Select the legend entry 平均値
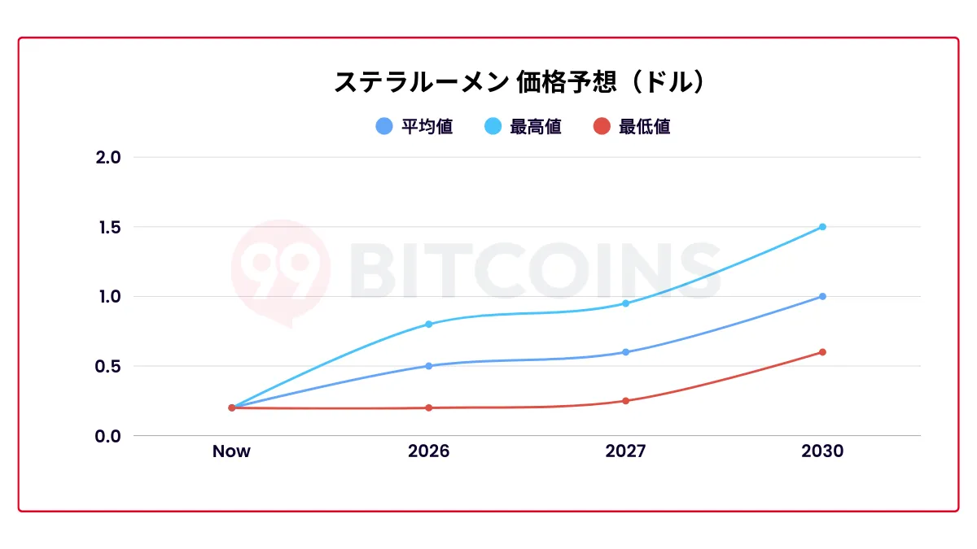[x=414, y=127]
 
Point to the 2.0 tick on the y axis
[x=107, y=157]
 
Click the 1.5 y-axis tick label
[x=107, y=227]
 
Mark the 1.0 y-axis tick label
[x=107, y=296]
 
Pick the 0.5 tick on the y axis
[x=107, y=366]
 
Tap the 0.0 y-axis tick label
[x=107, y=436]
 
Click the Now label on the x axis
[x=231, y=451]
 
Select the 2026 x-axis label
[x=428, y=451]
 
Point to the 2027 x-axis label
[x=625, y=451]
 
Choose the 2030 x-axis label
[x=822, y=451]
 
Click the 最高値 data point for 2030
[x=822, y=227]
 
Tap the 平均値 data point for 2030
[x=822, y=296]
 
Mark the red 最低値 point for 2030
[x=822, y=352]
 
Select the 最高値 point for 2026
[x=428, y=325]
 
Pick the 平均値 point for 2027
[x=625, y=352]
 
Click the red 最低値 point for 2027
[x=625, y=401]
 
